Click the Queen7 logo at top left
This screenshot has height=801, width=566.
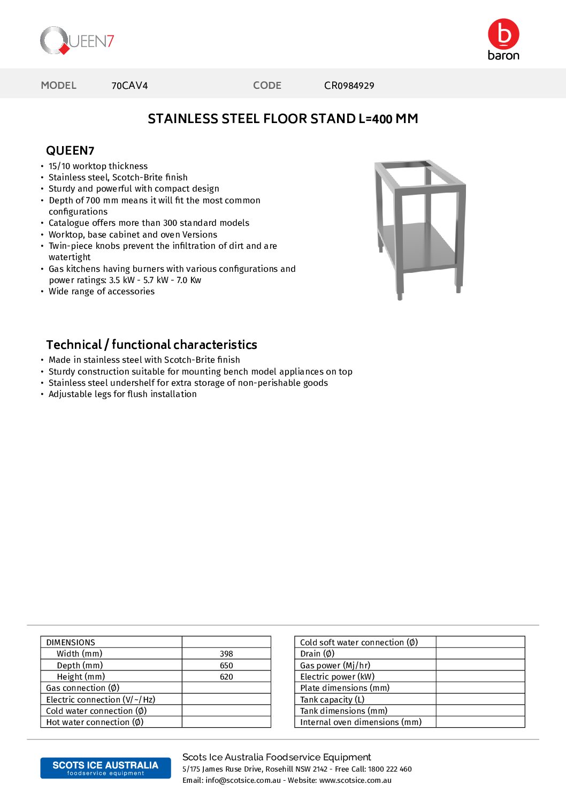77,41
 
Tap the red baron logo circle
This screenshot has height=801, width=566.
503,34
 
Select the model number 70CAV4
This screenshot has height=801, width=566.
129,86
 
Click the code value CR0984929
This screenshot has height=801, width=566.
349,86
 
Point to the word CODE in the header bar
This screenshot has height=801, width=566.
267,86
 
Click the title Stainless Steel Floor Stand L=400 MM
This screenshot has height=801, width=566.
282,119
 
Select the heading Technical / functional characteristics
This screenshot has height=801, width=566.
151,345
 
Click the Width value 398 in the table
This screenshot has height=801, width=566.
226,654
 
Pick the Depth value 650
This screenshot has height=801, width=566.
226,666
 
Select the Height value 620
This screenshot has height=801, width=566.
226,677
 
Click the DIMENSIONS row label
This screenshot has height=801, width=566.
71,643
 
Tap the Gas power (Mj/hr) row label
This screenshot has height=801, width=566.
335,666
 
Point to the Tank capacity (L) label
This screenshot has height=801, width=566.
332,700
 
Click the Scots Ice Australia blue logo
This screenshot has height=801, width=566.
105,768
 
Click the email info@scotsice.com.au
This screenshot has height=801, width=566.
243,781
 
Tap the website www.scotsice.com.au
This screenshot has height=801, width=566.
355,781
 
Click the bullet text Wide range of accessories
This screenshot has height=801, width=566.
102,292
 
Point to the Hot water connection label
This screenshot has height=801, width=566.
95,722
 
